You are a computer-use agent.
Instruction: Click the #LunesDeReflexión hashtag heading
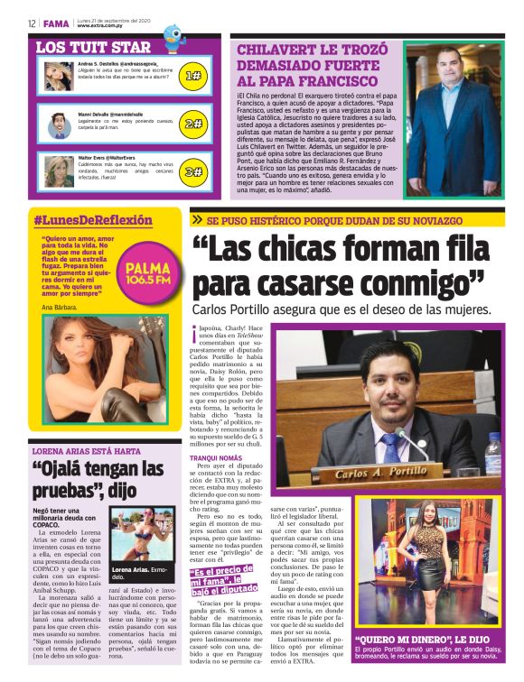(92, 220)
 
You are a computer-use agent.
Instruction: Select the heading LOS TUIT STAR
(93, 46)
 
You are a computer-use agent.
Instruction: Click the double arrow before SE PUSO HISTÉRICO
(197, 220)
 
